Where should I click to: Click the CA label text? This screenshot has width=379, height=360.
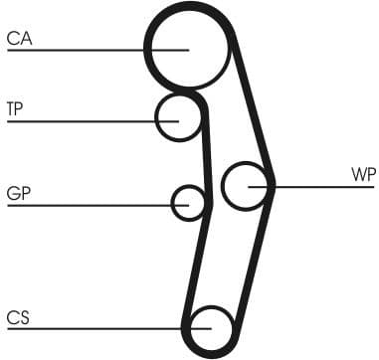[x=19, y=39]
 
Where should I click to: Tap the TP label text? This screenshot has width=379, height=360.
[x=15, y=107]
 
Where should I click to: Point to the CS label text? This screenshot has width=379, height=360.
[x=17, y=317]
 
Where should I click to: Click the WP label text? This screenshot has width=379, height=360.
[x=363, y=174]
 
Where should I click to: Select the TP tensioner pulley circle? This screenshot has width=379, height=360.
[x=179, y=117]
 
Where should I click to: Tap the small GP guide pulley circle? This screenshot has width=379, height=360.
[x=187, y=203]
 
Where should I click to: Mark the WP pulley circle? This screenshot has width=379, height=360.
[x=246, y=185]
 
